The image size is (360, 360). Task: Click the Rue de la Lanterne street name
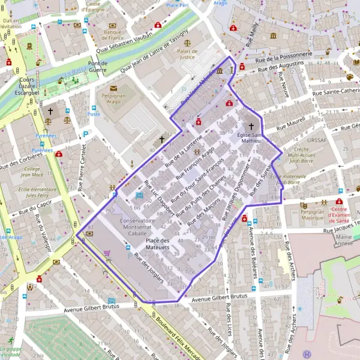pyautogui.click(x=184, y=151)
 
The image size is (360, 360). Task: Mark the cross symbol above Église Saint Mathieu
pyautogui.click(x=251, y=127)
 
